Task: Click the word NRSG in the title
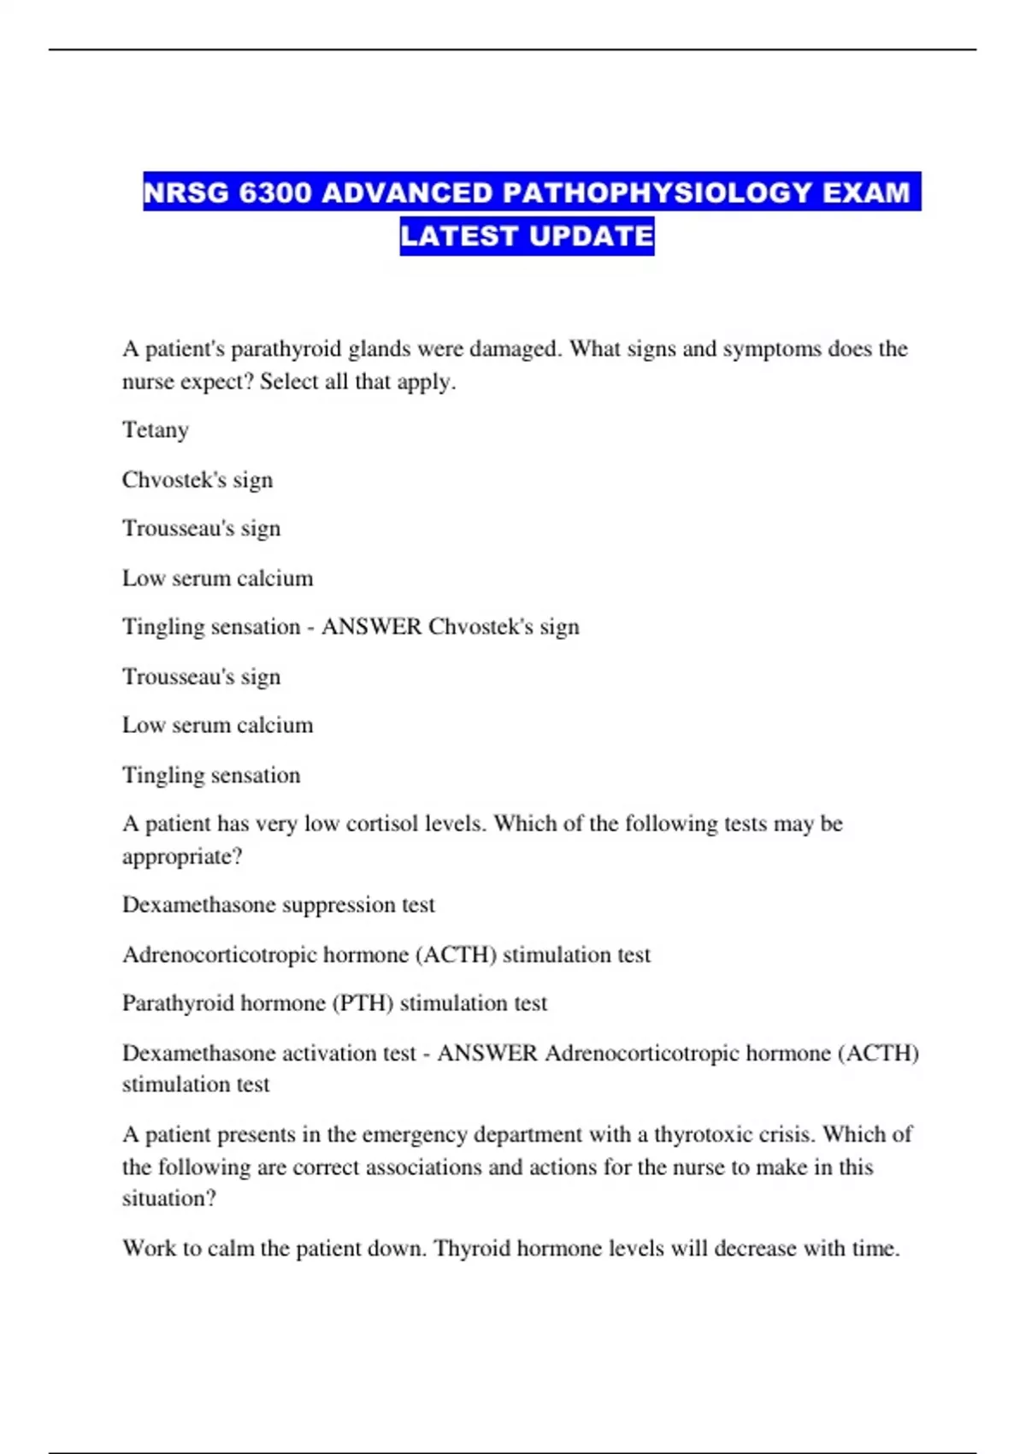[x=187, y=192]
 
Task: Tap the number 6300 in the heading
[x=275, y=192]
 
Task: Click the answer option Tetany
[x=155, y=430]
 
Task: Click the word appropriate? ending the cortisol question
[x=182, y=856]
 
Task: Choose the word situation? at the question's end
[x=169, y=1198]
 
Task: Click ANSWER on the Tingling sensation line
[x=371, y=627]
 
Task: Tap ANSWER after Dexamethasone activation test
[x=487, y=1053]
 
